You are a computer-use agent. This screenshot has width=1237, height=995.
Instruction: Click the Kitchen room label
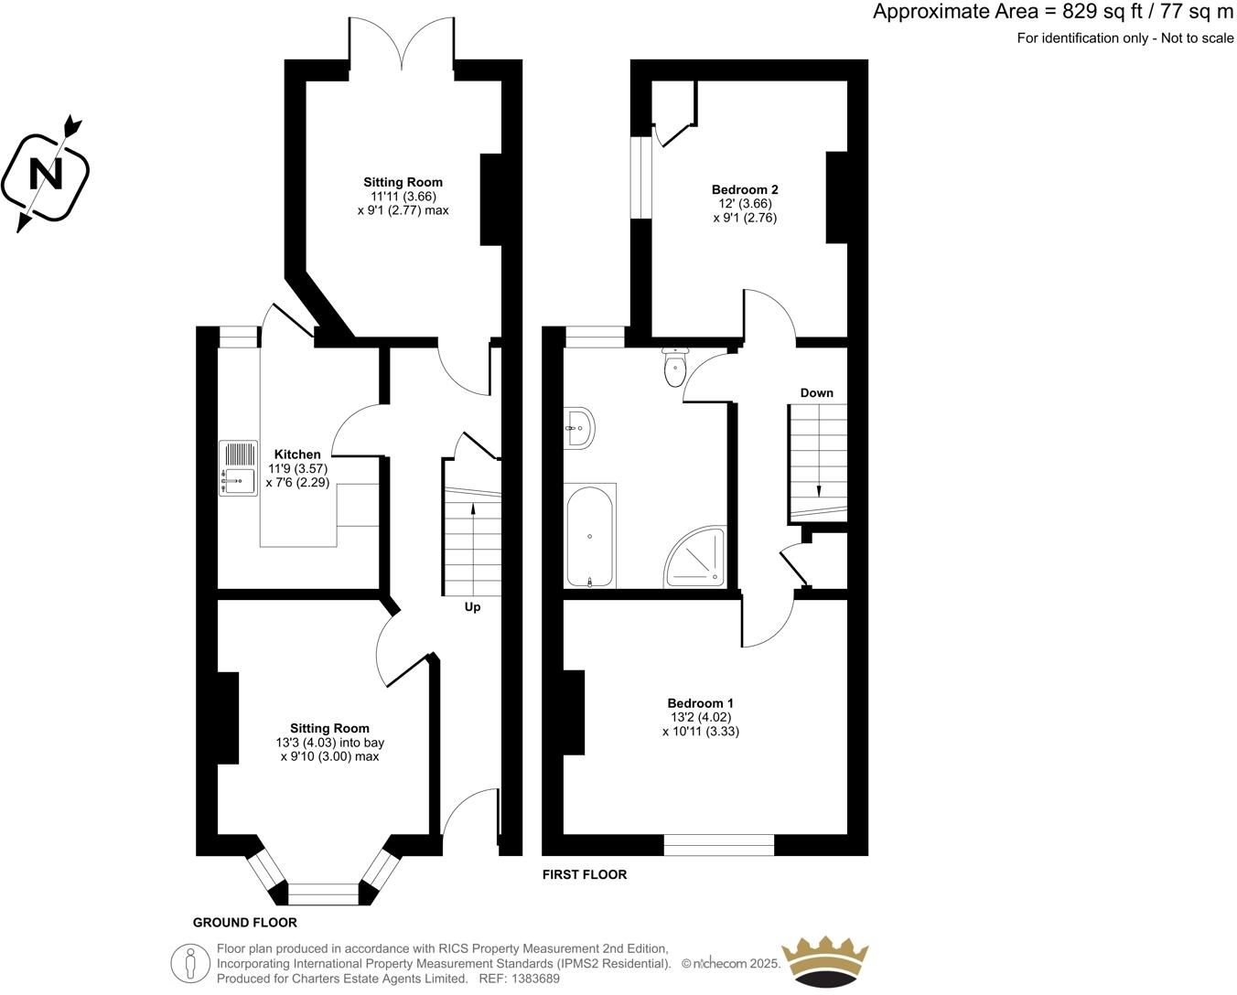(297, 454)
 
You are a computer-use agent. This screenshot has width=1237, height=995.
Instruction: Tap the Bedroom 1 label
(700, 703)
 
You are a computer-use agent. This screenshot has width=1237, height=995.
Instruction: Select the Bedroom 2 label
(745, 189)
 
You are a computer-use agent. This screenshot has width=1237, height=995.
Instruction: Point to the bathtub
(590, 537)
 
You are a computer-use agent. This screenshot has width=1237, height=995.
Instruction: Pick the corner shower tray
(695, 556)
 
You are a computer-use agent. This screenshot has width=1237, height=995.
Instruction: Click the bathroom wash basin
(579, 427)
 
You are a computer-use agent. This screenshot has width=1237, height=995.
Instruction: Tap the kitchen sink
(238, 467)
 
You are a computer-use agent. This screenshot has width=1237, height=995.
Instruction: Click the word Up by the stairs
(472, 607)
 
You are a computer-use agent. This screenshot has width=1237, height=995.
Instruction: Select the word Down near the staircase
(817, 393)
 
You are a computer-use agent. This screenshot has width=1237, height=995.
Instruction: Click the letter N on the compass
(46, 174)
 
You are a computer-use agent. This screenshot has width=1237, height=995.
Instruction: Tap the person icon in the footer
(191, 963)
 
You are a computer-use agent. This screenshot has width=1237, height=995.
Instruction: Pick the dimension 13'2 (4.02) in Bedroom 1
(701, 718)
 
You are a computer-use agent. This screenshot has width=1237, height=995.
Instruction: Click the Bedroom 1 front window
(719, 845)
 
